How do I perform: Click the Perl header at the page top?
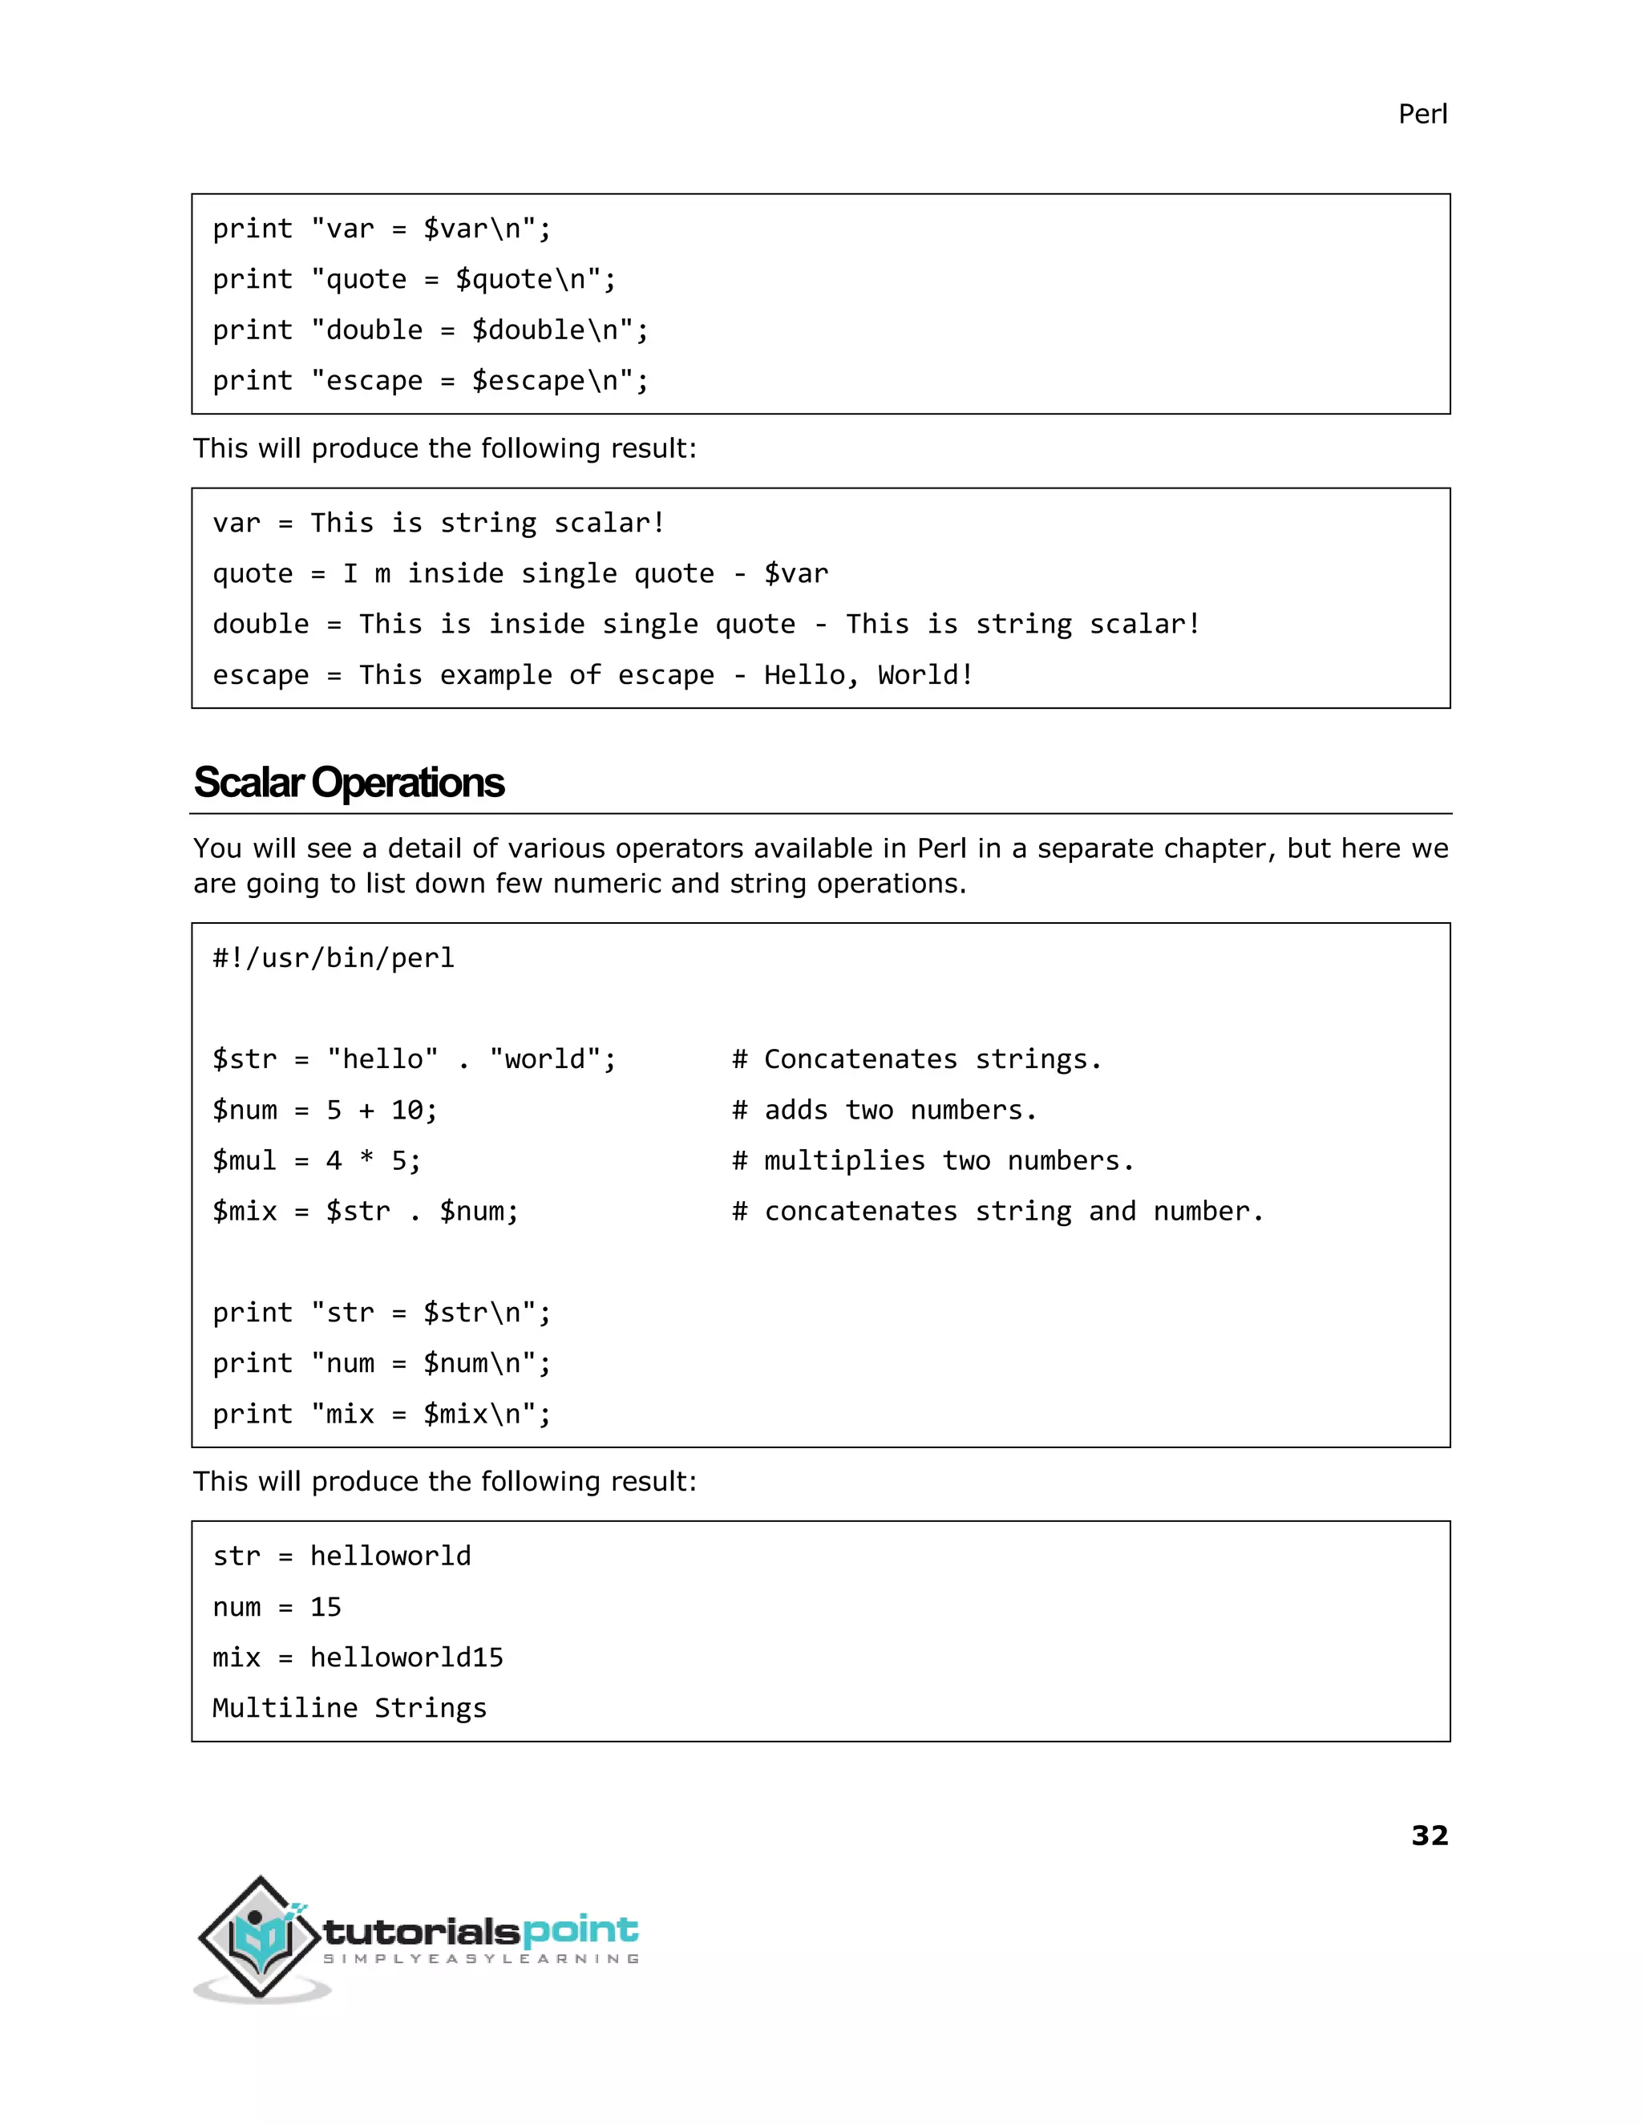1422,115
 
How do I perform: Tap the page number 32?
1429,1835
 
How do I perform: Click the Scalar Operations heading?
348,783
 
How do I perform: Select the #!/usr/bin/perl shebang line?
334,958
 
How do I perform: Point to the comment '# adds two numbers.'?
884,1110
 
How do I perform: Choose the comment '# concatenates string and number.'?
997,1212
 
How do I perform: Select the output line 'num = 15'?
277,1607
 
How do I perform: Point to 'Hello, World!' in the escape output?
868,675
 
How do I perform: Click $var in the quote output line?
795,574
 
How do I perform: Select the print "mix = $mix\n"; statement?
382,1415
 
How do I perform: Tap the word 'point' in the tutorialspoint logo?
580,1930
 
